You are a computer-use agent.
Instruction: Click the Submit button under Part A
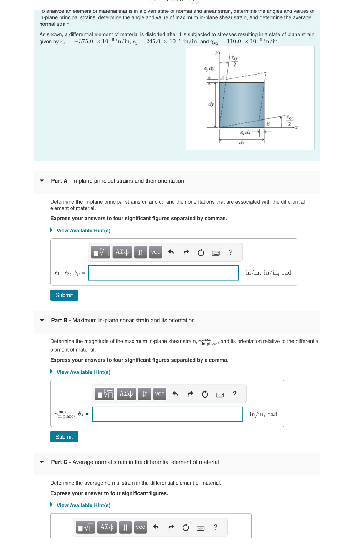(x=64, y=295)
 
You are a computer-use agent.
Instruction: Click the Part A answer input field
(x=163, y=273)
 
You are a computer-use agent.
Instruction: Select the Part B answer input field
(x=167, y=414)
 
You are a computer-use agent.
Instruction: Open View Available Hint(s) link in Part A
(x=83, y=230)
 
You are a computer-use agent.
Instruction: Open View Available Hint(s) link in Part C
(x=83, y=505)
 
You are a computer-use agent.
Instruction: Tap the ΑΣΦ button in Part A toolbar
(x=122, y=252)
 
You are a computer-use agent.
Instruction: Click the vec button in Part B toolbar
(x=160, y=394)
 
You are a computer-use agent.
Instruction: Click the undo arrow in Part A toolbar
(x=171, y=252)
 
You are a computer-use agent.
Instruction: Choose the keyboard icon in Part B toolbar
(x=220, y=394)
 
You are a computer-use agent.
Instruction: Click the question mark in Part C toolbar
(x=216, y=527)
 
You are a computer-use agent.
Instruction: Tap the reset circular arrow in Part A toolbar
(x=201, y=252)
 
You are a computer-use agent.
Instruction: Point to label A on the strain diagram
(x=222, y=78)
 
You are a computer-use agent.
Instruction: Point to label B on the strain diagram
(x=268, y=124)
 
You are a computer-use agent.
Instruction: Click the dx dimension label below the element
(x=242, y=143)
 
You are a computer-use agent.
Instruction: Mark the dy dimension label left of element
(x=211, y=104)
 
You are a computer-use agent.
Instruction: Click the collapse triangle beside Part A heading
(x=42, y=181)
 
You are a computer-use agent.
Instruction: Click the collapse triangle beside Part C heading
(x=42, y=462)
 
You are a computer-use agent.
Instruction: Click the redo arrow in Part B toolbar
(x=190, y=394)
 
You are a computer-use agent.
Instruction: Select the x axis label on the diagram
(x=296, y=127)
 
